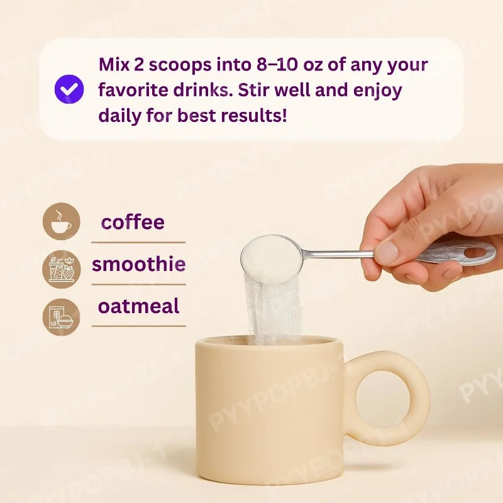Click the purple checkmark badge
[69, 89]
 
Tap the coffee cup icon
[61, 221]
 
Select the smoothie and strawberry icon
[61, 269]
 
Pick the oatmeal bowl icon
[61, 317]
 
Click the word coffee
[133, 222]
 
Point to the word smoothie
[138, 264]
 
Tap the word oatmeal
[138, 306]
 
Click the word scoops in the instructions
[180, 65]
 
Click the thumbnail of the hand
[387, 253]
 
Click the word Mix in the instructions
[114, 65]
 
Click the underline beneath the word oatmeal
[138, 326]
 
